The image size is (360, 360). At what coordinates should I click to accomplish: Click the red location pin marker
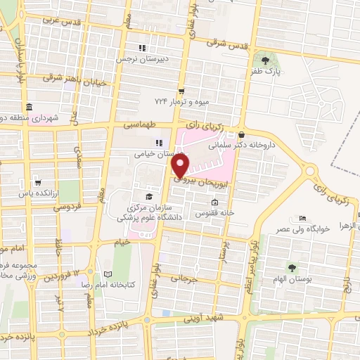point(181,166)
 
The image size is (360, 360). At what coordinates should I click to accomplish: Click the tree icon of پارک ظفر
point(265,58)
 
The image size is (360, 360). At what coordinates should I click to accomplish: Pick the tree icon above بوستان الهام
point(291,268)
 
